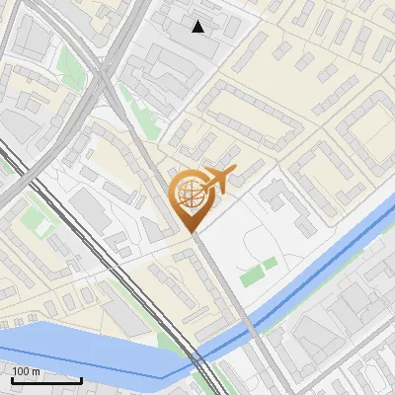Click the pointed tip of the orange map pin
[x=193, y=232]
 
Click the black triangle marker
[x=198, y=27]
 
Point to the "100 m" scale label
[x=27, y=370]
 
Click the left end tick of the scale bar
[x=13, y=379]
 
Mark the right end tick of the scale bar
[x=81, y=379]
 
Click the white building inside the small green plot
[x=42, y=225]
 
